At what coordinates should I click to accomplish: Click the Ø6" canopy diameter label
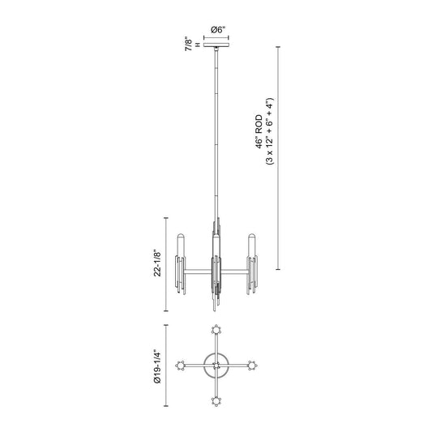click(x=218, y=30)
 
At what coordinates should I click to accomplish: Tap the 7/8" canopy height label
click(x=189, y=44)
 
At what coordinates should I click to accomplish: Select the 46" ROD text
click(x=259, y=132)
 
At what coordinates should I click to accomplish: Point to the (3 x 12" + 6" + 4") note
click(x=270, y=131)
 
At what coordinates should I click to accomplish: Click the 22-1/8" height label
click(x=157, y=263)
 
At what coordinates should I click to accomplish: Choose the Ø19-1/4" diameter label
click(x=157, y=366)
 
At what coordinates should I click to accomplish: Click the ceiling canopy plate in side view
click(x=216, y=45)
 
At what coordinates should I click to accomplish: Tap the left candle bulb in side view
click(x=181, y=246)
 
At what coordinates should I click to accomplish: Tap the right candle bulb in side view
click(x=251, y=246)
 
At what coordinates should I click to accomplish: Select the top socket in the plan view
click(x=216, y=330)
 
